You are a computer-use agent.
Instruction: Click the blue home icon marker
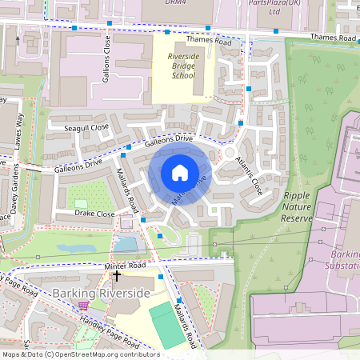coord(180,173)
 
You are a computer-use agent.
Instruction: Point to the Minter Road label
coord(125,265)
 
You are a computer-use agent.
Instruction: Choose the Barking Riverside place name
coord(102,294)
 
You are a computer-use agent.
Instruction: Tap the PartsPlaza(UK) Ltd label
coord(297,7)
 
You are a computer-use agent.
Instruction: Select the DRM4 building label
coord(175,3)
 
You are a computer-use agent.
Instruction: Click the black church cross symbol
coord(117,276)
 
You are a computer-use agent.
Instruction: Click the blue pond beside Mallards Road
coord(126,244)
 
